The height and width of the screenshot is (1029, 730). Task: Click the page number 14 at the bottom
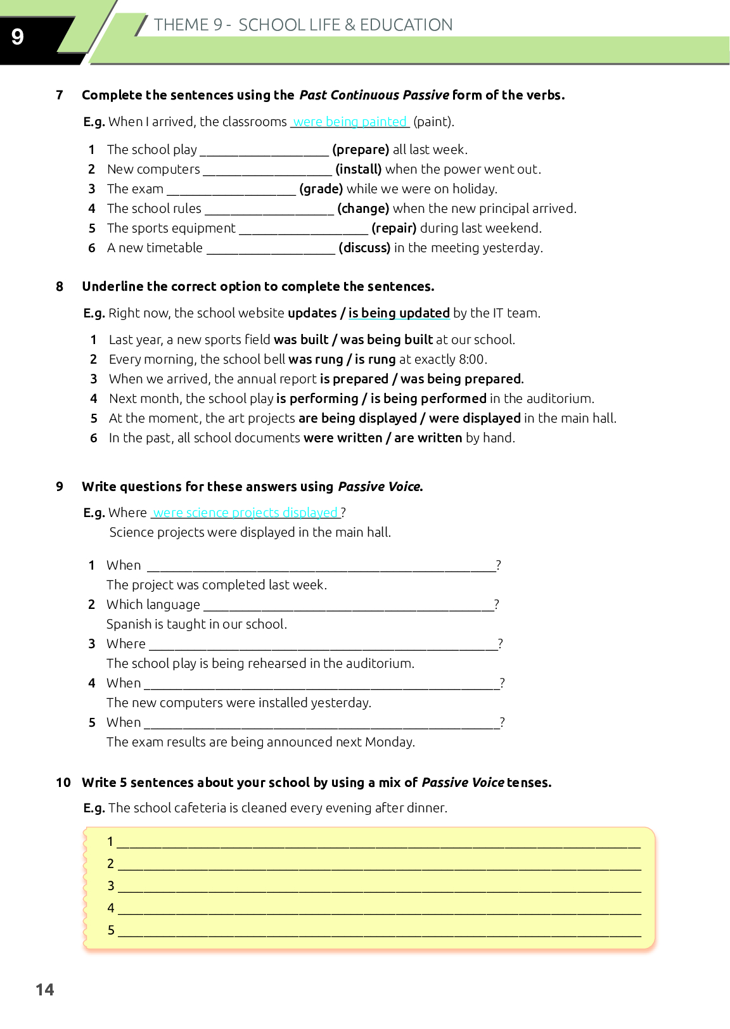(45, 990)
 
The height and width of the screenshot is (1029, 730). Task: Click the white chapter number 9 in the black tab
(18, 37)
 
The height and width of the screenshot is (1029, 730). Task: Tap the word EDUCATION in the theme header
(406, 25)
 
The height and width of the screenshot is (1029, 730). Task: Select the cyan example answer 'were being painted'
(350, 122)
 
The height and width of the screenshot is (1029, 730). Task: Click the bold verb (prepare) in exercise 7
(361, 150)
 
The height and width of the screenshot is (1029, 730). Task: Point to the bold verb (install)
(359, 169)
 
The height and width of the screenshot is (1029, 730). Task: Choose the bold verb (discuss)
(364, 248)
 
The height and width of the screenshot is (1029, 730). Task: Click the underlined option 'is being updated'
(399, 313)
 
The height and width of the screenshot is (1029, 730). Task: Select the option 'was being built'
(387, 340)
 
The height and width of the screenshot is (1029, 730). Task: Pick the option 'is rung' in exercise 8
(375, 359)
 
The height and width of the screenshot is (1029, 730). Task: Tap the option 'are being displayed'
(357, 418)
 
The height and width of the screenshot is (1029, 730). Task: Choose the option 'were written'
(343, 438)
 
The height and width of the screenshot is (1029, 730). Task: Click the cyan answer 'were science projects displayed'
(246, 513)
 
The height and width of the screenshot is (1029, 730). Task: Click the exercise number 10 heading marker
(63, 783)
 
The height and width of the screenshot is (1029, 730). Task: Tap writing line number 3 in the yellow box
(379, 886)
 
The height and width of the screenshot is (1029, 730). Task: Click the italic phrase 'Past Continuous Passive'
(374, 95)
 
